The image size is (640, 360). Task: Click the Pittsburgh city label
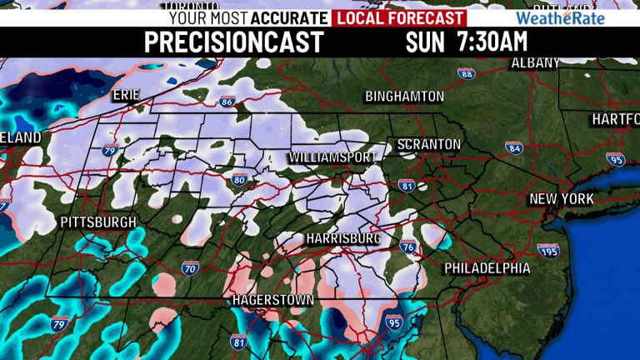tap(98, 222)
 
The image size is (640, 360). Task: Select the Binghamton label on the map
tap(404, 97)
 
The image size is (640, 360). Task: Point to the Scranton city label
tap(428, 145)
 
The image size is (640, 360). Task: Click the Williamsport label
tap(332, 157)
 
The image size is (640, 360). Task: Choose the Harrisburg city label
tap(343, 239)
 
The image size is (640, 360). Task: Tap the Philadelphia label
tap(487, 268)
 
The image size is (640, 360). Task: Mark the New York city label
tap(562, 200)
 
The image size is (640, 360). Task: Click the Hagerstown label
tap(272, 299)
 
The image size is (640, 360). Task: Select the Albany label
tap(536, 63)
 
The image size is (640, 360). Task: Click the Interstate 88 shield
tap(467, 74)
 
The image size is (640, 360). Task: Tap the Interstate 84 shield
tap(514, 147)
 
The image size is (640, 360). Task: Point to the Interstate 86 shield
tap(227, 102)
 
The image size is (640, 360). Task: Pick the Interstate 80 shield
tap(239, 179)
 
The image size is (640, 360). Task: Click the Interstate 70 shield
tap(190, 267)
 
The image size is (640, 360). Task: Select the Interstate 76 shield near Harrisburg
tap(407, 246)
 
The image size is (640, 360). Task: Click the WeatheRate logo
tap(560, 17)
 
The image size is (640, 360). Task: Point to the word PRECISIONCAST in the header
tap(233, 42)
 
